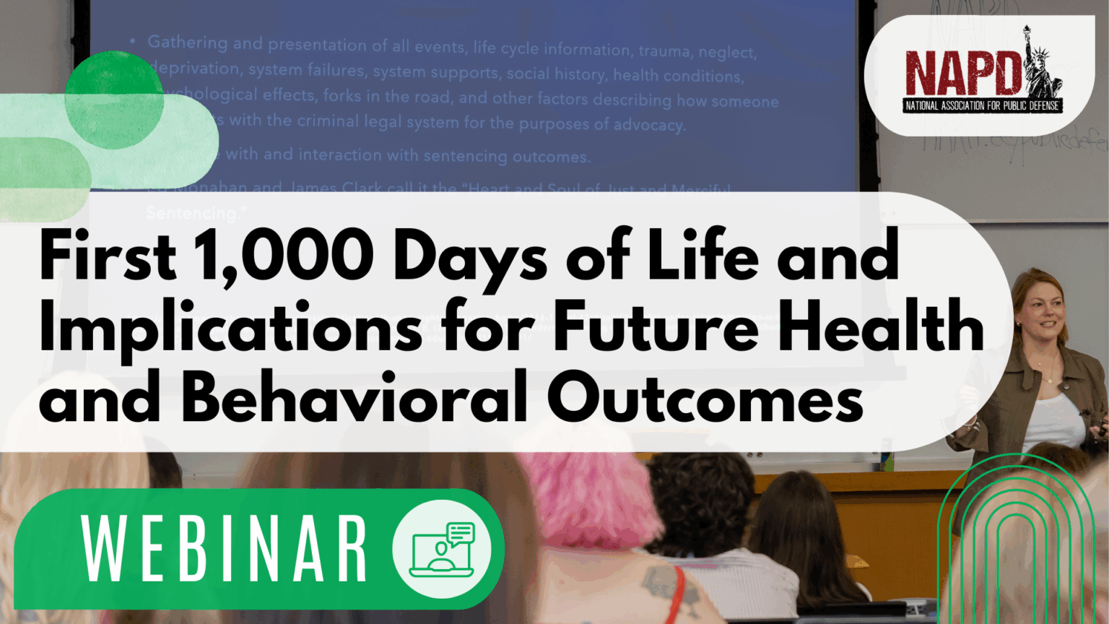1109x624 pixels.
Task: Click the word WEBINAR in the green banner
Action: click(225, 549)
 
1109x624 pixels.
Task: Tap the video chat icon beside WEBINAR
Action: click(442, 549)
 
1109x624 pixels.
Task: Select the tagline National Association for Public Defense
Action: click(982, 105)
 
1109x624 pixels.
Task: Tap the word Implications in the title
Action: click(231, 329)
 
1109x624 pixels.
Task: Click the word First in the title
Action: click(108, 257)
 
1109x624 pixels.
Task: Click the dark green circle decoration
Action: click(113, 99)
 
